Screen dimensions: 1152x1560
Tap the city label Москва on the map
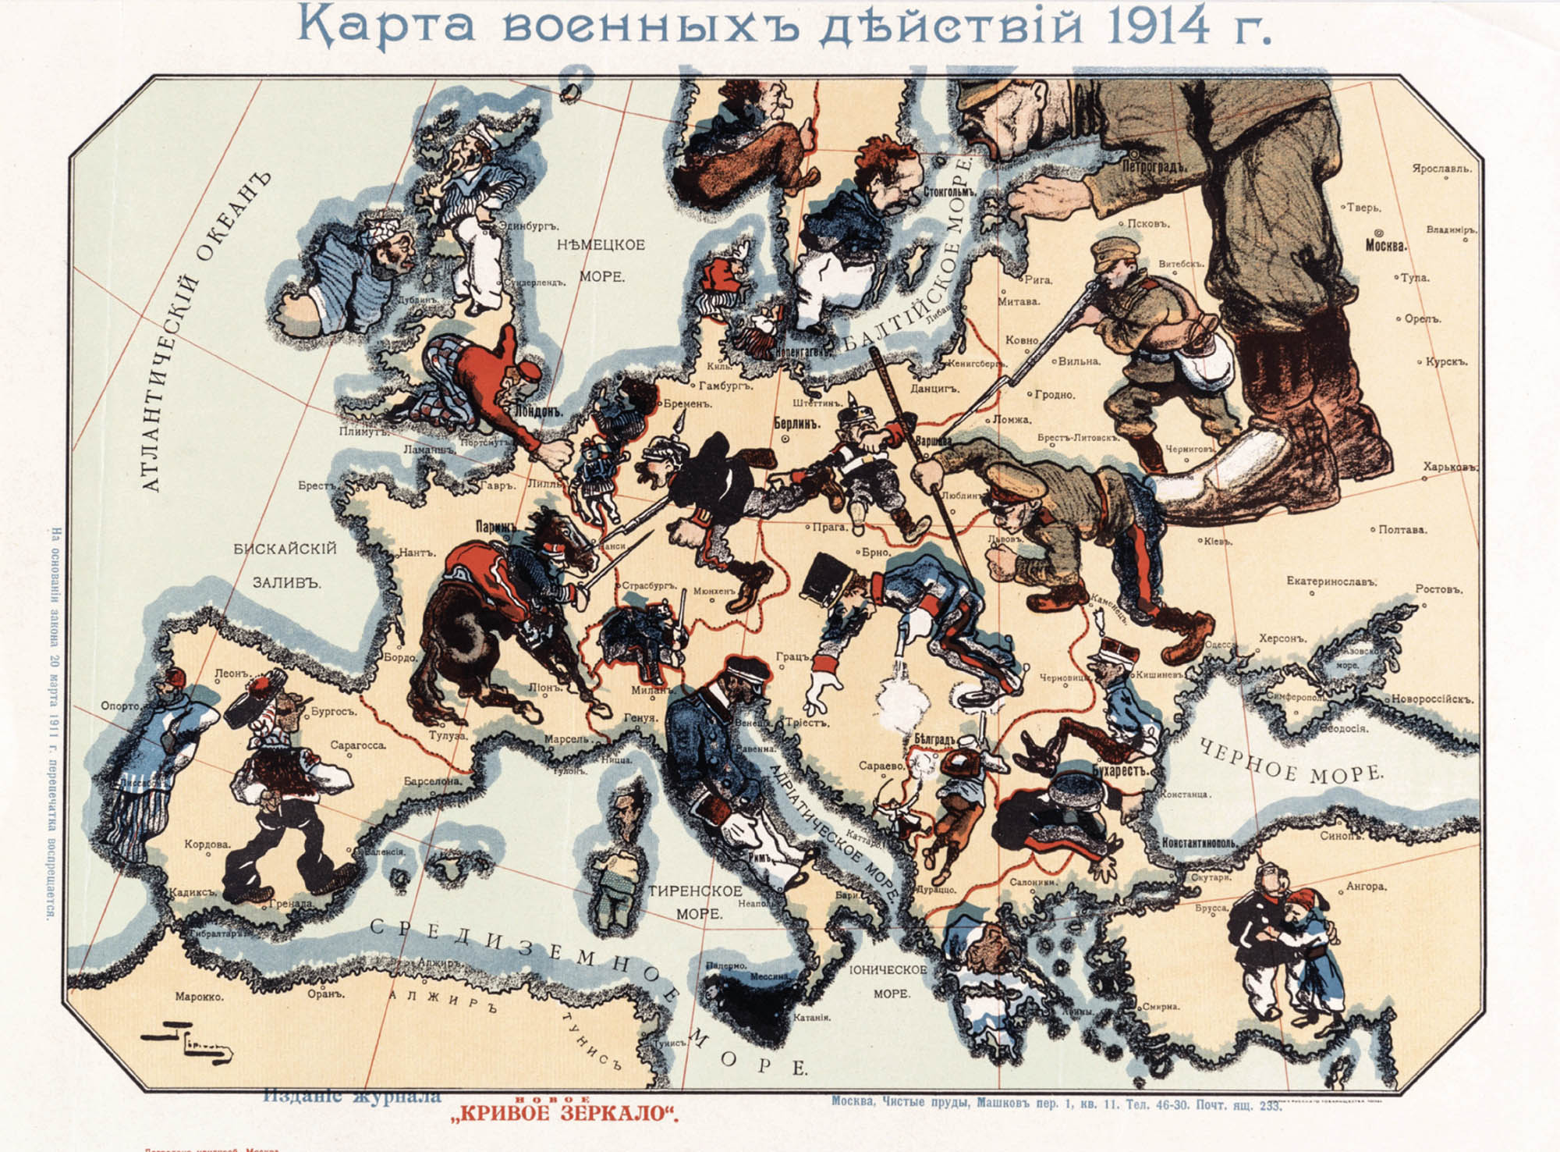[1385, 245]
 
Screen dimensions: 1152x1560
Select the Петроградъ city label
[1154, 166]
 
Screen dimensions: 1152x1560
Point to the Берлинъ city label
[798, 424]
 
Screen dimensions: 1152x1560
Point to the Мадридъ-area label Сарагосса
[358, 745]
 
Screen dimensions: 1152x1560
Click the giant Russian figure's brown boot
[1279, 468]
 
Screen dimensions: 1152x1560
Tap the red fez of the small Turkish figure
[1297, 903]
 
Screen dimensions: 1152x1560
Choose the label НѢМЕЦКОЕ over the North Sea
[601, 245]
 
